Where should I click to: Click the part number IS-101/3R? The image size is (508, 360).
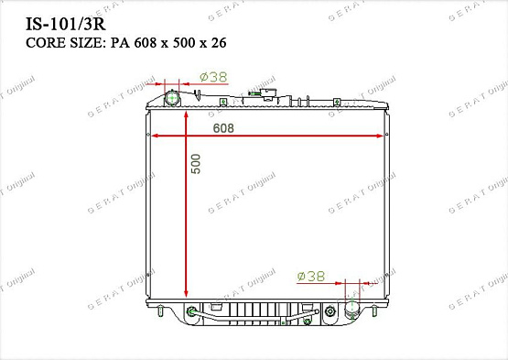pyautogui.click(x=65, y=25)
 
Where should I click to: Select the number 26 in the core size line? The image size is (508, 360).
pyautogui.click(x=219, y=42)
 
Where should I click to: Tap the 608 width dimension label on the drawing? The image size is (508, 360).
pyautogui.click(x=223, y=128)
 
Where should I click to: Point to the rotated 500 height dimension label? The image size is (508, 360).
pyautogui.click(x=196, y=164)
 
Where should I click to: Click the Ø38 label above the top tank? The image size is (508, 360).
pyautogui.click(x=213, y=77)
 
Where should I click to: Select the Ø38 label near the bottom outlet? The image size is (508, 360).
pyautogui.click(x=310, y=277)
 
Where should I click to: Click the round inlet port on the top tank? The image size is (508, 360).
pyautogui.click(x=172, y=98)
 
